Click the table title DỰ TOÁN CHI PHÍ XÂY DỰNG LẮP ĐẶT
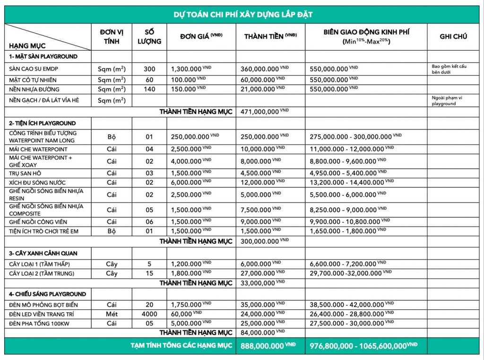pos(242,15)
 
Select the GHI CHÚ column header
pos(453,36)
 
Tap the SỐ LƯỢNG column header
pos(149,36)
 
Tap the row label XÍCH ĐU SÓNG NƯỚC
pos(37,183)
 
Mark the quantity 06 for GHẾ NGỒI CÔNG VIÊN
pos(149,222)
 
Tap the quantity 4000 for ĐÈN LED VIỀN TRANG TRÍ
pos(149,314)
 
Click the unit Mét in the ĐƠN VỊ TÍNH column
pos(112,314)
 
